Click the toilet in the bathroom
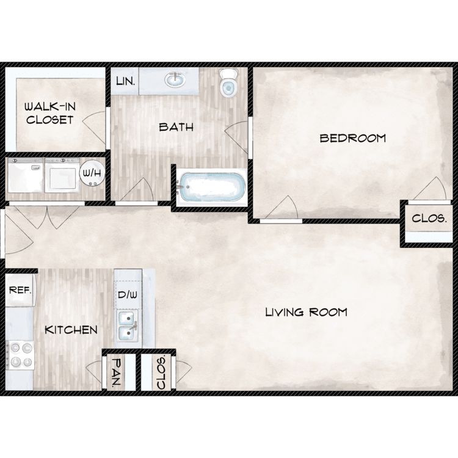[228, 82]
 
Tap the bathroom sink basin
[175, 80]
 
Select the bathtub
[212, 187]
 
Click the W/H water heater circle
[92, 173]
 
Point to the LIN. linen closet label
[126, 81]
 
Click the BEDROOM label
[353, 138]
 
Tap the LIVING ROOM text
[306, 312]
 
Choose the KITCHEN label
[71, 330]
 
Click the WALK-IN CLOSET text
[50, 113]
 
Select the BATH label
[176, 127]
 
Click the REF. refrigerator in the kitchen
[20, 290]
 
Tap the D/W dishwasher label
[128, 295]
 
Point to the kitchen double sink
[128, 325]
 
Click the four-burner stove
[20, 355]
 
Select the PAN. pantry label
[117, 372]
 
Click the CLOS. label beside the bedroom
[429, 219]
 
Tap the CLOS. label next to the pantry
[161, 372]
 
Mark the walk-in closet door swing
[94, 128]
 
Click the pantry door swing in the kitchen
[94, 371]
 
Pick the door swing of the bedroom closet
[430, 189]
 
